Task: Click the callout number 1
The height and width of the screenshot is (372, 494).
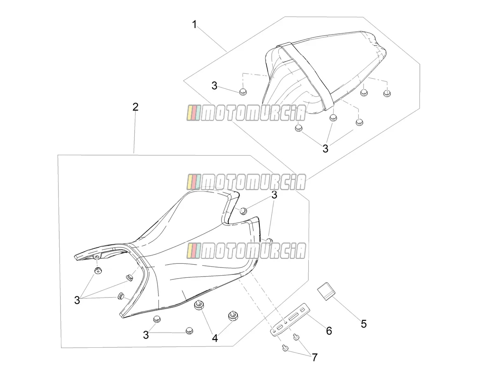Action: click(195, 24)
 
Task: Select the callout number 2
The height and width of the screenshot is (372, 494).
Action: click(135, 107)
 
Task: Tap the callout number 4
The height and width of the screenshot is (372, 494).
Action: click(215, 338)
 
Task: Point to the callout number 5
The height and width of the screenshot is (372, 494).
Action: click(364, 324)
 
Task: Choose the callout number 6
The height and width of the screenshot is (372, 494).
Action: click(329, 331)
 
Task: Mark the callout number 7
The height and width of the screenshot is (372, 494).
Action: click(315, 357)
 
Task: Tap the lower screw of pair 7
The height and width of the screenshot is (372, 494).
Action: click(285, 349)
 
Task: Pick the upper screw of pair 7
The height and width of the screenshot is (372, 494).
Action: click(296, 337)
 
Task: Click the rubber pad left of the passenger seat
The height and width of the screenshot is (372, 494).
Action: click(242, 92)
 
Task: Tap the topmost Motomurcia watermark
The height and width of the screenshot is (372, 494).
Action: click(246, 113)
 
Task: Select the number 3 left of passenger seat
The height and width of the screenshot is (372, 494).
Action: click(214, 86)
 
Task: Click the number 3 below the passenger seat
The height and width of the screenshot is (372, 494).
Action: click(326, 149)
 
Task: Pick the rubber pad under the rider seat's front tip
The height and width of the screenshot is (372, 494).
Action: click(98, 271)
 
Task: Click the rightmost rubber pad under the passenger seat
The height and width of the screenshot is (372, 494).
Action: click(387, 93)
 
